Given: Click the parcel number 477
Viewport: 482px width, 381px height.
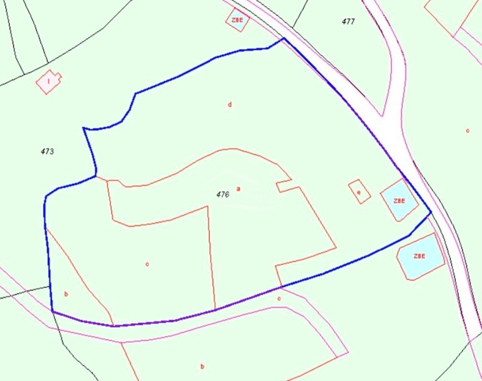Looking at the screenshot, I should (348, 21).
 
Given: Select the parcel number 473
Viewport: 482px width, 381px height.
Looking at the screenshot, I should (47, 151).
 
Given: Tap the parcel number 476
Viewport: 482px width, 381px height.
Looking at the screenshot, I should (223, 195).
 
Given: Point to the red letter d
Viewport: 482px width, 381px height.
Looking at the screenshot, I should (230, 104).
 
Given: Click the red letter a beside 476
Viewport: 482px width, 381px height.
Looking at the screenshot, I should (239, 189).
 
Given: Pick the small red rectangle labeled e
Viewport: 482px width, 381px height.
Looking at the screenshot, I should (359, 192).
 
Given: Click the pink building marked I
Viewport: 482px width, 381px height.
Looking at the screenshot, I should (49, 82).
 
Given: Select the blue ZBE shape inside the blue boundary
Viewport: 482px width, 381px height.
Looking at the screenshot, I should (399, 200).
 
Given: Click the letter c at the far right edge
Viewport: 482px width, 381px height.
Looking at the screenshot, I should (468, 131).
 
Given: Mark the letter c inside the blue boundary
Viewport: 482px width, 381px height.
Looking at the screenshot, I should (147, 264).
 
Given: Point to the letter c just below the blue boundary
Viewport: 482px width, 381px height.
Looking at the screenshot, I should (279, 298).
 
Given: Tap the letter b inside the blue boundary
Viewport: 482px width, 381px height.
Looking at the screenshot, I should (66, 294).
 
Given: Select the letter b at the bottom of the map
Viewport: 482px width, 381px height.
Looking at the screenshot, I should (202, 367).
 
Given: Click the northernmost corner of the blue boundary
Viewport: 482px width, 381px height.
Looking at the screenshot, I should (283, 38).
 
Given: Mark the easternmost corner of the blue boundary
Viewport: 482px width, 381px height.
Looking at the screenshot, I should (431, 212).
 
